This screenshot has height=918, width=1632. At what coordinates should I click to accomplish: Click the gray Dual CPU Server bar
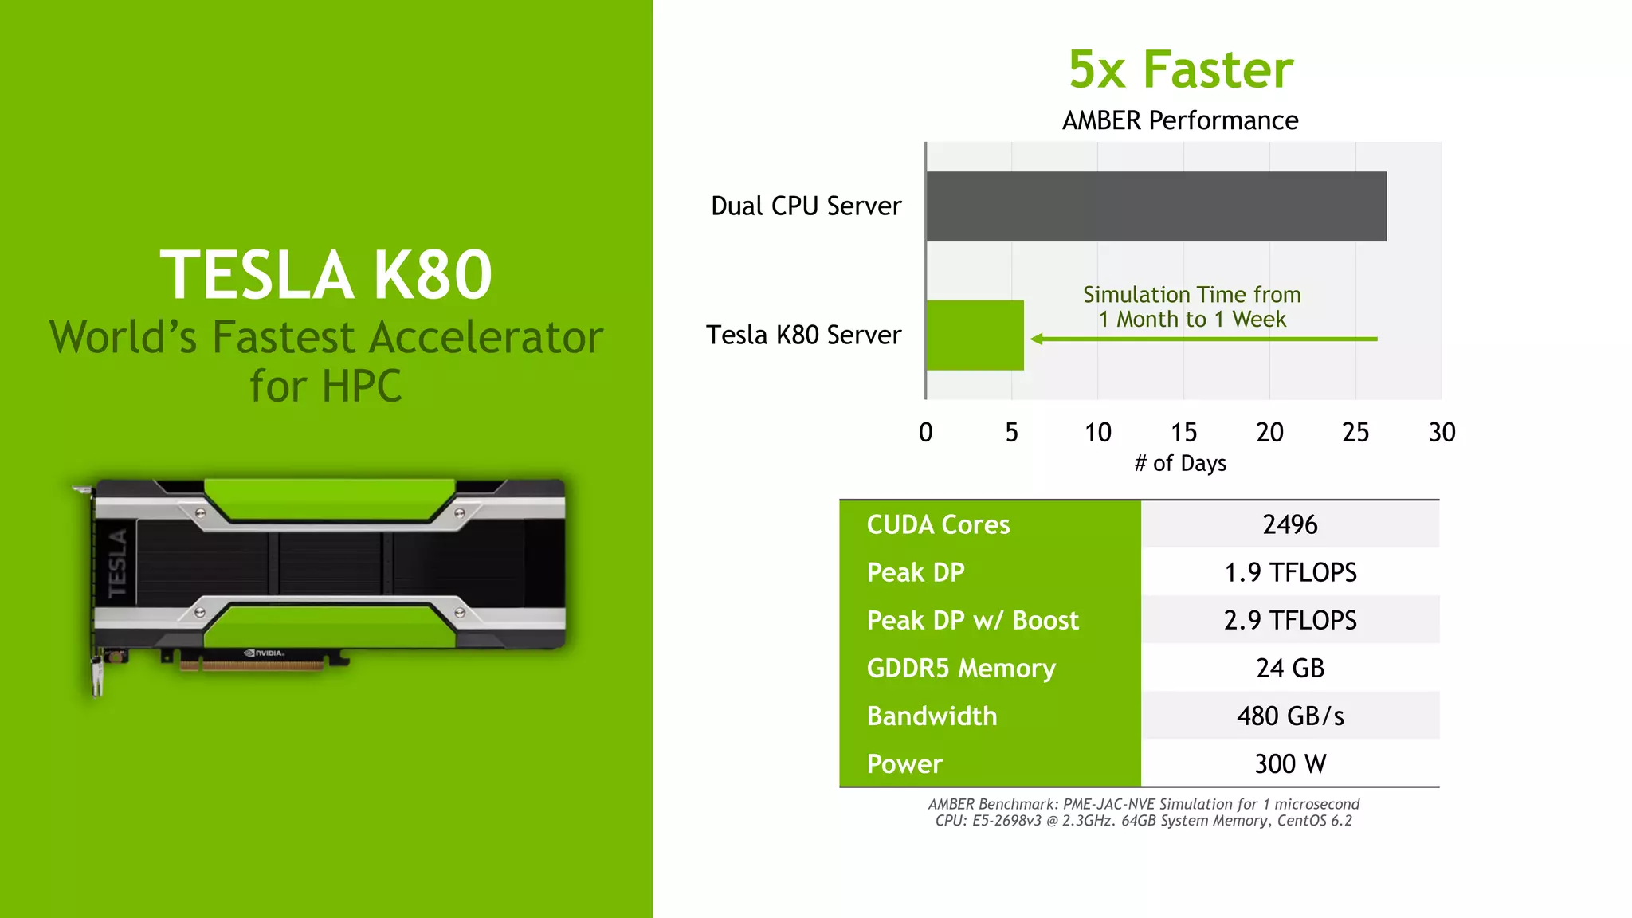pyautogui.click(x=1155, y=206)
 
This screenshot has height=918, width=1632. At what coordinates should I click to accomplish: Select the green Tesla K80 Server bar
pyautogui.click(x=975, y=335)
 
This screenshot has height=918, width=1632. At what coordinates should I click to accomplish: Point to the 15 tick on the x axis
pyautogui.click(x=1183, y=432)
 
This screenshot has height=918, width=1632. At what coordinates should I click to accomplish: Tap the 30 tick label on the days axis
pyautogui.click(x=1442, y=432)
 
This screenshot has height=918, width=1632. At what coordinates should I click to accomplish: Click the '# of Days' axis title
pyautogui.click(x=1180, y=463)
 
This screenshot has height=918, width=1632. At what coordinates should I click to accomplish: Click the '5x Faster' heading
pyautogui.click(x=1180, y=69)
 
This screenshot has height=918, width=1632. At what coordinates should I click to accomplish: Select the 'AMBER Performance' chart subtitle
pyautogui.click(x=1180, y=120)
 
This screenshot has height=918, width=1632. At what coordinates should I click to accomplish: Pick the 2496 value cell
pyautogui.click(x=1290, y=524)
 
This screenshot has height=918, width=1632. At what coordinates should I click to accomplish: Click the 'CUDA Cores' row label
pyautogui.click(x=938, y=524)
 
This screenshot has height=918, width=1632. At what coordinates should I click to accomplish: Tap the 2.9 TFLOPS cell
pyautogui.click(x=1290, y=620)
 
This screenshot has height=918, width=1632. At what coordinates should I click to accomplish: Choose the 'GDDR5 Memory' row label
pyautogui.click(x=961, y=668)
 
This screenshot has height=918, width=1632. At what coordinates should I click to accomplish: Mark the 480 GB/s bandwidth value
pyautogui.click(x=1290, y=716)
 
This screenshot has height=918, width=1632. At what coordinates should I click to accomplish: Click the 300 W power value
pyautogui.click(x=1290, y=763)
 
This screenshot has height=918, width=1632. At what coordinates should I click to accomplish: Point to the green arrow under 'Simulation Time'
pyautogui.click(x=1203, y=339)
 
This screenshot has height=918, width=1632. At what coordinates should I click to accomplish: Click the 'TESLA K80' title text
pyautogui.click(x=326, y=275)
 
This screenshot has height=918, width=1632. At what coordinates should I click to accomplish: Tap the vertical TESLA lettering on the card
pyautogui.click(x=117, y=563)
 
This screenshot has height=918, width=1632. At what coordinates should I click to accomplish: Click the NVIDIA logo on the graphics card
pyautogui.click(x=265, y=653)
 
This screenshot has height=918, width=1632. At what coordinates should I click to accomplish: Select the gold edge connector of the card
pyautogui.click(x=252, y=665)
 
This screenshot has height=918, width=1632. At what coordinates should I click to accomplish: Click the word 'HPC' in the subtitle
pyautogui.click(x=363, y=386)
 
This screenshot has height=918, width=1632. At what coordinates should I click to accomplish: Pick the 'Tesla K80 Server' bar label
pyautogui.click(x=803, y=335)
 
